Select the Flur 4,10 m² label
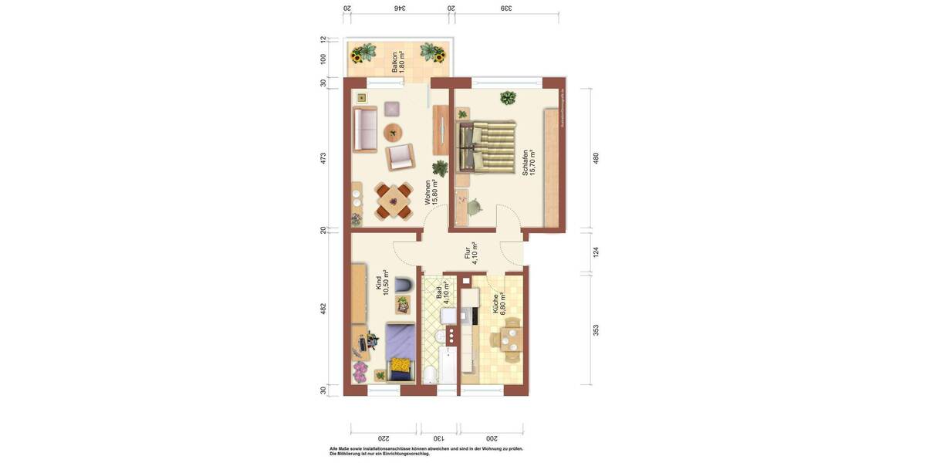coord(471,253)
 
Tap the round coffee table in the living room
coord(393,132)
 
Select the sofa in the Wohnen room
coord(364,130)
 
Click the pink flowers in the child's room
coord(360,372)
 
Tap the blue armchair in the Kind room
coord(403,286)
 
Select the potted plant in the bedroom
coord(507,98)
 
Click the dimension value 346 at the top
coord(398,8)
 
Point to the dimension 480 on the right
coord(596,158)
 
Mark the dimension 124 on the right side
coord(596,252)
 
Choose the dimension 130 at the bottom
coord(439,438)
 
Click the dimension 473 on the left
coord(323,158)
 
